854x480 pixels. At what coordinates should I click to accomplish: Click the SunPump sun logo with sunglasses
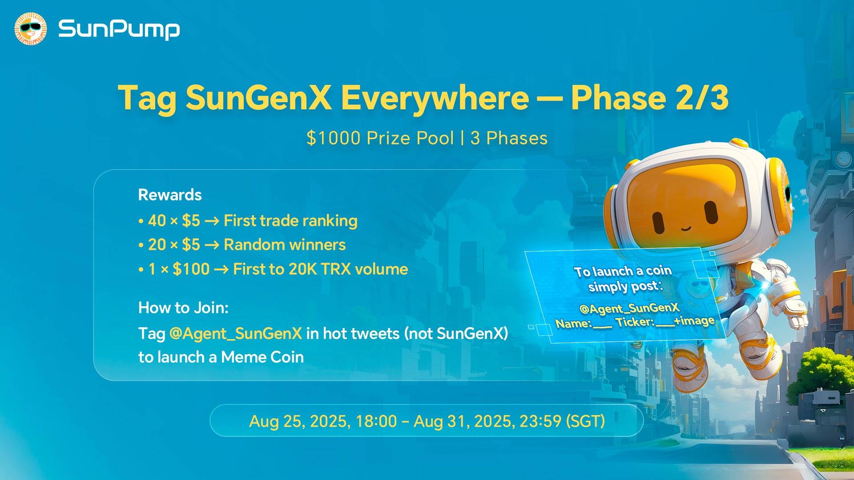point(31,29)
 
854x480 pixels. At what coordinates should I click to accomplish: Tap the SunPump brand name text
point(119,29)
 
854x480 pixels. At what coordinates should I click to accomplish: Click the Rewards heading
point(170,195)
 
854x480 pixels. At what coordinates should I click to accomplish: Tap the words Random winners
point(285,245)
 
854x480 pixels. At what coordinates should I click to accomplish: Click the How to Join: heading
point(183,308)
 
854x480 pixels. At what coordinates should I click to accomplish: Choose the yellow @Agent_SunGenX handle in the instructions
point(236,333)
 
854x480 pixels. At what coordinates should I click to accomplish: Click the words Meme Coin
point(262,357)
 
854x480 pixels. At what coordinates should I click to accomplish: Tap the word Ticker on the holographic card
point(634,322)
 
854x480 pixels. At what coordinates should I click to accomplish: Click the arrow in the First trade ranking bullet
point(212,221)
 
